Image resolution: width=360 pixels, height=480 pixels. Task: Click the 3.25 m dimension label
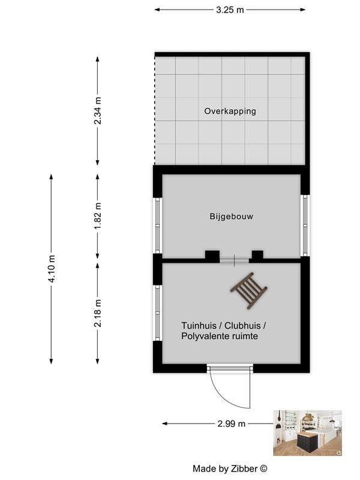[230, 10]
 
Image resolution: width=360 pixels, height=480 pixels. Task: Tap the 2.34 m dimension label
[98, 111]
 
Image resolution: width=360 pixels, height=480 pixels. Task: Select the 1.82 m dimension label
[98, 214]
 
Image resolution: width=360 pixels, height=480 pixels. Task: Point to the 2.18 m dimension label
[98, 313]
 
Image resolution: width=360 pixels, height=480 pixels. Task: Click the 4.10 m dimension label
[52, 269]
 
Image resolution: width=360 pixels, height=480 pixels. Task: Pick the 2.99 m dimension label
[231, 424]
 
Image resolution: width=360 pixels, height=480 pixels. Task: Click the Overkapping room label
[230, 111]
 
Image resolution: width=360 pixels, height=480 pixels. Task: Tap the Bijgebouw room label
[231, 217]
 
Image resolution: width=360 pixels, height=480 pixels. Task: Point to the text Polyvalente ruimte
[219, 337]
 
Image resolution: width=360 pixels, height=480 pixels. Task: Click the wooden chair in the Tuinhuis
[248, 290]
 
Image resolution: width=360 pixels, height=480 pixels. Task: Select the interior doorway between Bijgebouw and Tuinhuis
[234, 259]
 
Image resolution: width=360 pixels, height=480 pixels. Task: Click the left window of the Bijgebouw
[158, 226]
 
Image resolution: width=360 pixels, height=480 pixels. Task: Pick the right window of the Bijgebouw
[305, 226]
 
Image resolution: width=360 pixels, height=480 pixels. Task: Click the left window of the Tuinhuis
[158, 313]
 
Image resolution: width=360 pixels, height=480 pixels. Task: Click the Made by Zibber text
[230, 468]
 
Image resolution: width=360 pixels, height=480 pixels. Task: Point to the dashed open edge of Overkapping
[155, 111]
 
